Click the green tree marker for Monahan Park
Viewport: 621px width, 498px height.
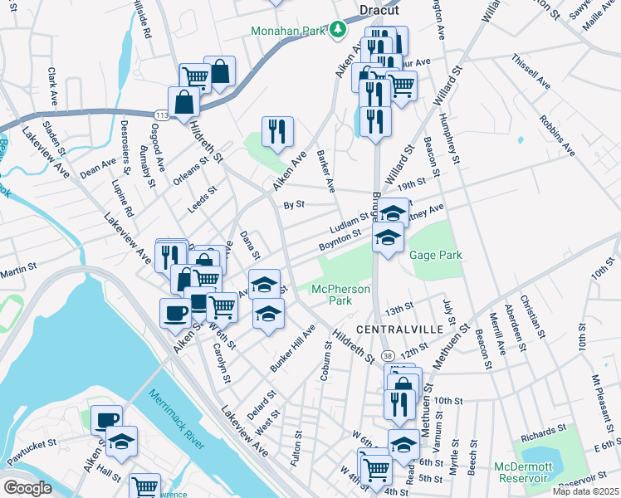pos(338,31)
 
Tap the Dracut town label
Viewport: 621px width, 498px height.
pos(379,11)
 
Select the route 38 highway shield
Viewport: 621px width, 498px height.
pos(389,354)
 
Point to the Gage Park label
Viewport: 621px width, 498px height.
pos(435,256)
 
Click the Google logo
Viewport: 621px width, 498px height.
pos(27,487)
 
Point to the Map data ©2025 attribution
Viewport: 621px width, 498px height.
pos(585,491)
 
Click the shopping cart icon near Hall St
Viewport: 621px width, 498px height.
pos(144,486)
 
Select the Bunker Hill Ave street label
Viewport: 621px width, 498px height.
pos(292,349)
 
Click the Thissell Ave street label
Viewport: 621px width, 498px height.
pos(531,73)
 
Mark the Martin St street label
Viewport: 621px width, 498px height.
pos(20,271)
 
